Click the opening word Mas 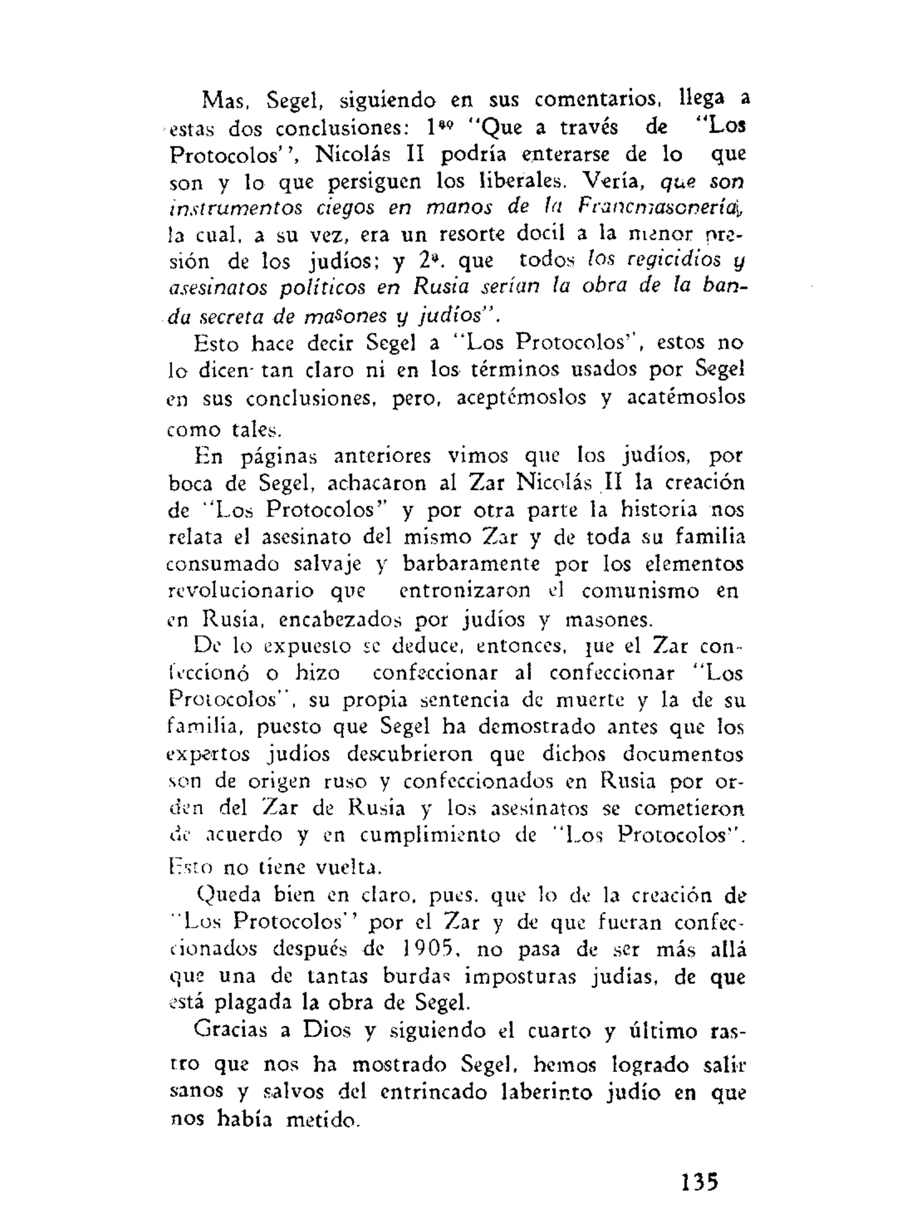[x=225, y=100]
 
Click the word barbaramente [x=471, y=564]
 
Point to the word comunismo [x=640, y=592]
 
